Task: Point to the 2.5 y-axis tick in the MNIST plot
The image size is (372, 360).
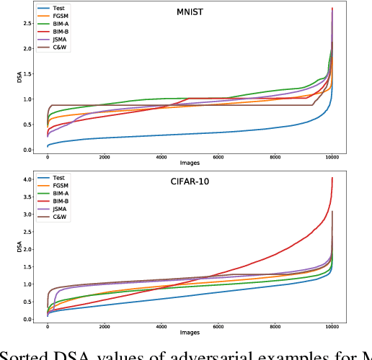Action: pyautogui.click(x=29, y=24)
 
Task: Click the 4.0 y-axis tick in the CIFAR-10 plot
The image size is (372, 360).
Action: pyautogui.click(x=29, y=179)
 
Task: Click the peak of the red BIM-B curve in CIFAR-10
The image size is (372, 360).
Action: pyautogui.click(x=332, y=178)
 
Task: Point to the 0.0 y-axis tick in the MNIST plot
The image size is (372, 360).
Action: pyautogui.click(x=29, y=150)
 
